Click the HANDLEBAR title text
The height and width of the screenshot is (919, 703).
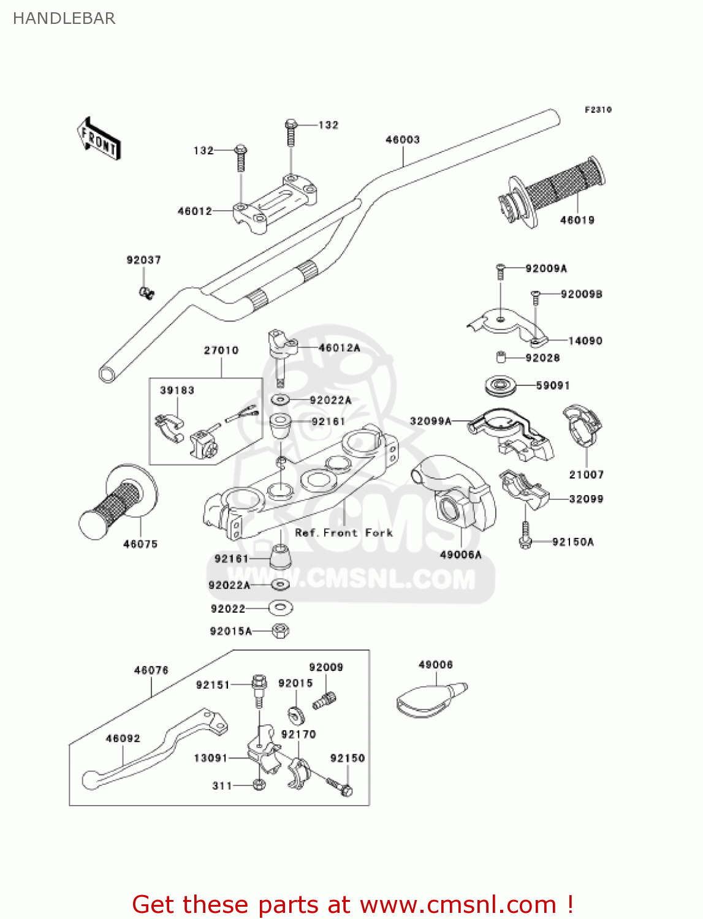[x=64, y=18]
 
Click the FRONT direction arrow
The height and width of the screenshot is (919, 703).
[x=99, y=139]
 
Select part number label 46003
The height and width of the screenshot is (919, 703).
[x=402, y=140]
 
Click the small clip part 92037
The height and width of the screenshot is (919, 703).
[x=146, y=293]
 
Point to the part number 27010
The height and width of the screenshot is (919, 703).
[x=221, y=350]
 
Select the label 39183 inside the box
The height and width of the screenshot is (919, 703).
[x=177, y=390]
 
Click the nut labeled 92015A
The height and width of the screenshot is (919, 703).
[x=280, y=630]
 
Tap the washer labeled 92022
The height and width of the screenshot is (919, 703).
[x=280, y=608]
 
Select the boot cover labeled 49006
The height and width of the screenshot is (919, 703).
[x=429, y=698]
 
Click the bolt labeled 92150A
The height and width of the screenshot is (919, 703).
[x=525, y=535]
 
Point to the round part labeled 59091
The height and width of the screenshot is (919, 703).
[x=500, y=386]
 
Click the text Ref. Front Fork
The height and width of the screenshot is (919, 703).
[x=343, y=533]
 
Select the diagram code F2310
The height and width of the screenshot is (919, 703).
[x=598, y=110]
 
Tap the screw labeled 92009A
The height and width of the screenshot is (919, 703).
[x=500, y=271]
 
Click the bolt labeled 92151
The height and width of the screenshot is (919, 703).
[x=259, y=689]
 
